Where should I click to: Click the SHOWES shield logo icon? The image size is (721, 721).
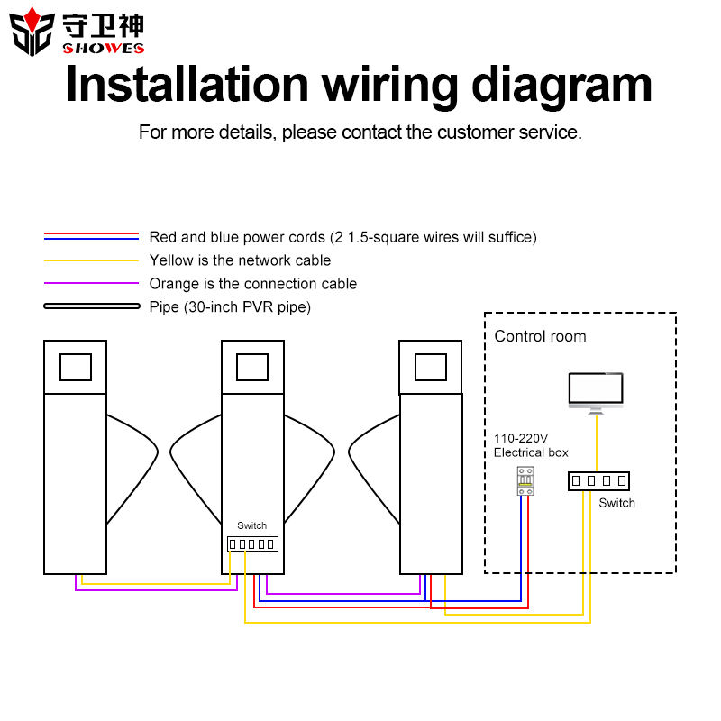tap(32, 32)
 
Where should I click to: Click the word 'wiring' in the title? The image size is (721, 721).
tap(389, 86)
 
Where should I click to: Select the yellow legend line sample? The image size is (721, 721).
tap(91, 260)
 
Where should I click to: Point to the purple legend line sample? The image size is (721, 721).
tap(91, 283)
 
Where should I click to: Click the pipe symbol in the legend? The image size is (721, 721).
tap(92, 306)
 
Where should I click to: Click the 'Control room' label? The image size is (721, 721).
tap(540, 336)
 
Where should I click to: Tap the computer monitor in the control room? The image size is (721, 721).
tap(596, 394)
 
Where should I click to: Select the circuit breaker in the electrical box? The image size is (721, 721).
tap(525, 481)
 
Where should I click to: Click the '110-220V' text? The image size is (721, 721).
tap(521, 438)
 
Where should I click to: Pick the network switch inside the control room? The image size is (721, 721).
tap(598, 481)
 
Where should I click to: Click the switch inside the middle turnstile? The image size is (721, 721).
tap(252, 544)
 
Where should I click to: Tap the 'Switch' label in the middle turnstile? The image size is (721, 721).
tap(251, 525)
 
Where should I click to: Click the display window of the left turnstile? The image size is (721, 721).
tap(76, 367)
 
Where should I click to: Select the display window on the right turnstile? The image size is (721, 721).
tap(431, 367)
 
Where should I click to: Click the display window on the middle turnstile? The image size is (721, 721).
tap(252, 367)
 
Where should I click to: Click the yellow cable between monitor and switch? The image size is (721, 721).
tap(597, 443)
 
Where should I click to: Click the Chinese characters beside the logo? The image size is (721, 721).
tap(103, 25)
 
